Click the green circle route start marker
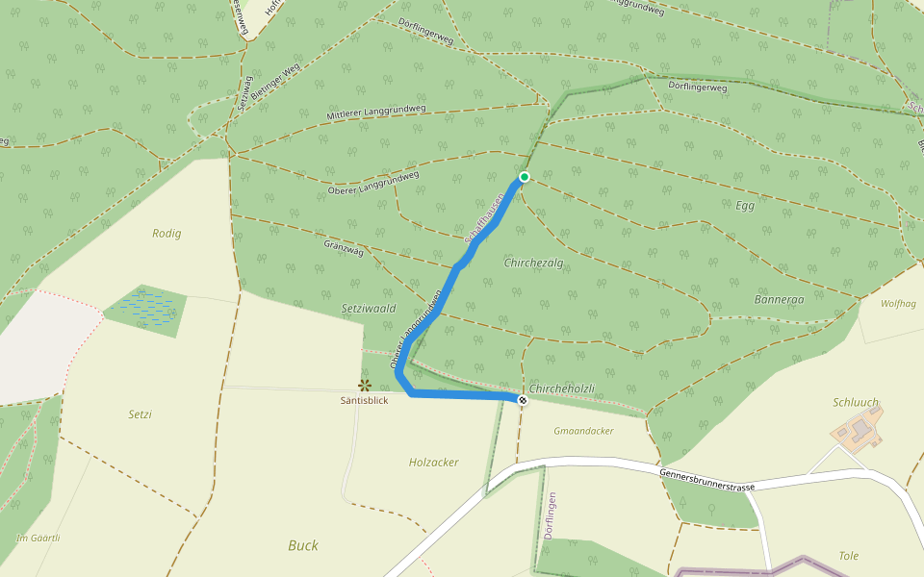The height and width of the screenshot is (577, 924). [x=525, y=177]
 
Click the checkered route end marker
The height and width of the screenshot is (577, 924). [x=523, y=400]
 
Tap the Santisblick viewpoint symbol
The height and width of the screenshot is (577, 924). [x=365, y=386]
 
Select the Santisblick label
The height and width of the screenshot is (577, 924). [x=365, y=400]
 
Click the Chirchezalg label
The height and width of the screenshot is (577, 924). [x=532, y=262]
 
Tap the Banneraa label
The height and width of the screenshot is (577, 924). [x=779, y=299]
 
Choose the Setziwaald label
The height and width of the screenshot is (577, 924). [x=369, y=310]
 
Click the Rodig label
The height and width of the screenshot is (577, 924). [x=167, y=233]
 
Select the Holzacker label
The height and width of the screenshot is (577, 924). [x=433, y=463]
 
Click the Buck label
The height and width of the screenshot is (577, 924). [x=303, y=545]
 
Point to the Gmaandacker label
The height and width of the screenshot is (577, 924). [x=583, y=431]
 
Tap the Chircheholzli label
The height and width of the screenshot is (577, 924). [x=562, y=389]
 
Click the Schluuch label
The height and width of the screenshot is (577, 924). [x=854, y=402]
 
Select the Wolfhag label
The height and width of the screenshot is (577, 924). [x=898, y=303]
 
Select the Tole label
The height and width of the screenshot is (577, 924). [x=848, y=556]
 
